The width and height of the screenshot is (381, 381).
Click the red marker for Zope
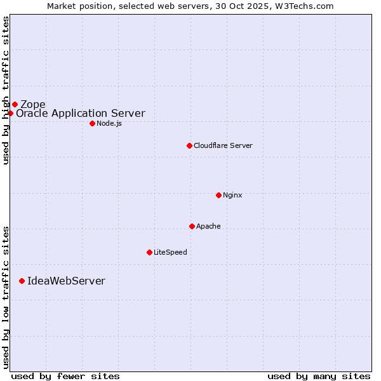(15, 104)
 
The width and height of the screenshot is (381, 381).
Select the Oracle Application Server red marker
(10, 113)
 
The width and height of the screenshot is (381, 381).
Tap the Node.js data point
(92, 123)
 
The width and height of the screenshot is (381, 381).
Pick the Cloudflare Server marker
(189, 145)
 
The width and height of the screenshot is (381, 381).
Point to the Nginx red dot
(218, 195)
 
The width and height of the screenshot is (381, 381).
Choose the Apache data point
(192, 226)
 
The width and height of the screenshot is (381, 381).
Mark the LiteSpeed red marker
(149, 252)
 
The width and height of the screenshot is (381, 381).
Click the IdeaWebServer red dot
(22, 281)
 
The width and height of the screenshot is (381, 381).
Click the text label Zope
(33, 104)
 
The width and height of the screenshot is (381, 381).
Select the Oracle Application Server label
(81, 114)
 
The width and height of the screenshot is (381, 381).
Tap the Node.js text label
(109, 123)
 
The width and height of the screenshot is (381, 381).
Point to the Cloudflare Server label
(223, 145)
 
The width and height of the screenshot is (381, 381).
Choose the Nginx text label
(232, 195)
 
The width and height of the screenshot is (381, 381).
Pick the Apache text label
(208, 226)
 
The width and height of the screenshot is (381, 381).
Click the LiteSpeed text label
(170, 252)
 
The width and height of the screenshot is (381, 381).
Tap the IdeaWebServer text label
(66, 281)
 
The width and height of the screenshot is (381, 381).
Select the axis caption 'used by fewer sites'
(65, 376)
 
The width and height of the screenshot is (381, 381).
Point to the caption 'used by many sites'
(319, 376)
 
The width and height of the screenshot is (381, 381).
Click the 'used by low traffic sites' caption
(6, 297)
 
